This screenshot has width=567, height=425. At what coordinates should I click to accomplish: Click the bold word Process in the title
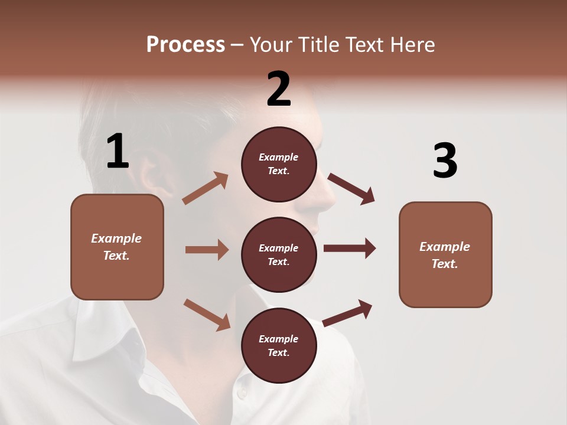[x=185, y=44]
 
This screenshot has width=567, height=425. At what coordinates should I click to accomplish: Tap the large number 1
[x=118, y=151]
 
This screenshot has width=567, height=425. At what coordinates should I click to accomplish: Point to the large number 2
[x=279, y=89]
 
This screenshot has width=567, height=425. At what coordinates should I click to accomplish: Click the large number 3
[x=445, y=161]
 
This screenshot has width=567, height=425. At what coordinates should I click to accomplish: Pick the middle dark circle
[x=279, y=254]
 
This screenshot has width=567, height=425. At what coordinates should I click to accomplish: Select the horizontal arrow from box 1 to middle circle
[x=207, y=250]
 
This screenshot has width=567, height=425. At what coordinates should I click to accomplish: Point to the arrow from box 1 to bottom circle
[x=207, y=314]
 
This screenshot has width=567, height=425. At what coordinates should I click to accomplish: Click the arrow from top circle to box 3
[x=351, y=189]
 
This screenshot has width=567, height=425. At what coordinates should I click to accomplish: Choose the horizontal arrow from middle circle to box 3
[x=350, y=249]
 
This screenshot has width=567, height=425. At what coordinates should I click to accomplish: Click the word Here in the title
[x=413, y=44]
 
